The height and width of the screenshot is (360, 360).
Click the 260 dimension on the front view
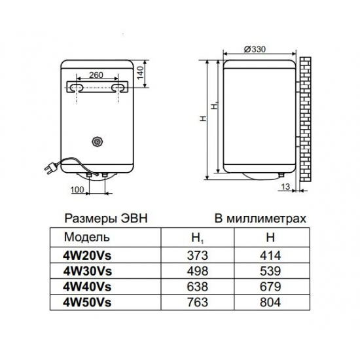(x=96, y=76)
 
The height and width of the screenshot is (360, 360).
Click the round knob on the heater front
(x=99, y=141)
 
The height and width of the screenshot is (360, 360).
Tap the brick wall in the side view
(x=306, y=118)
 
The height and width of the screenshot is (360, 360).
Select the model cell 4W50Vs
(x=85, y=302)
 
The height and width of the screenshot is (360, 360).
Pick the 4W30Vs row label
(x=85, y=270)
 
